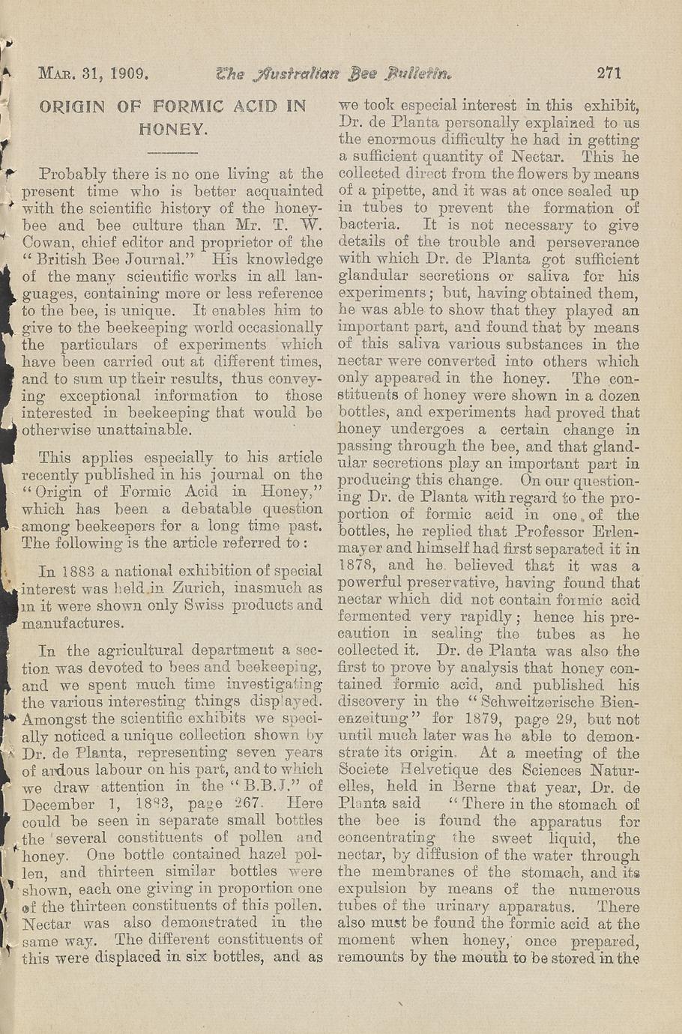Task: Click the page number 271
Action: (610, 73)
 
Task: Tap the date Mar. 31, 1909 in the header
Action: (95, 73)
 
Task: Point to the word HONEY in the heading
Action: (173, 128)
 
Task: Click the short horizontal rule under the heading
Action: (172, 153)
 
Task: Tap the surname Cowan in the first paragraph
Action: (47, 242)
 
